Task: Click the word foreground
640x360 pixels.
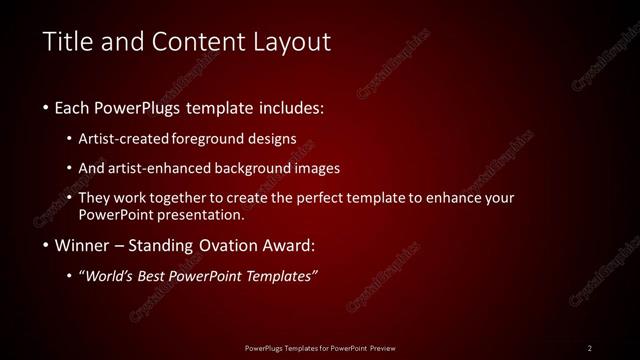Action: pyautogui.click(x=213, y=138)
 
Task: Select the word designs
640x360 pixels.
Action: pyautogui.click(x=273, y=138)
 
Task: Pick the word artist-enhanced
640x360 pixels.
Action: pyautogui.click(x=170, y=168)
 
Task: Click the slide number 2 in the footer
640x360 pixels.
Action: pyautogui.click(x=590, y=347)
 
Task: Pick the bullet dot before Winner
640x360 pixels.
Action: pyautogui.click(x=46, y=246)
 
